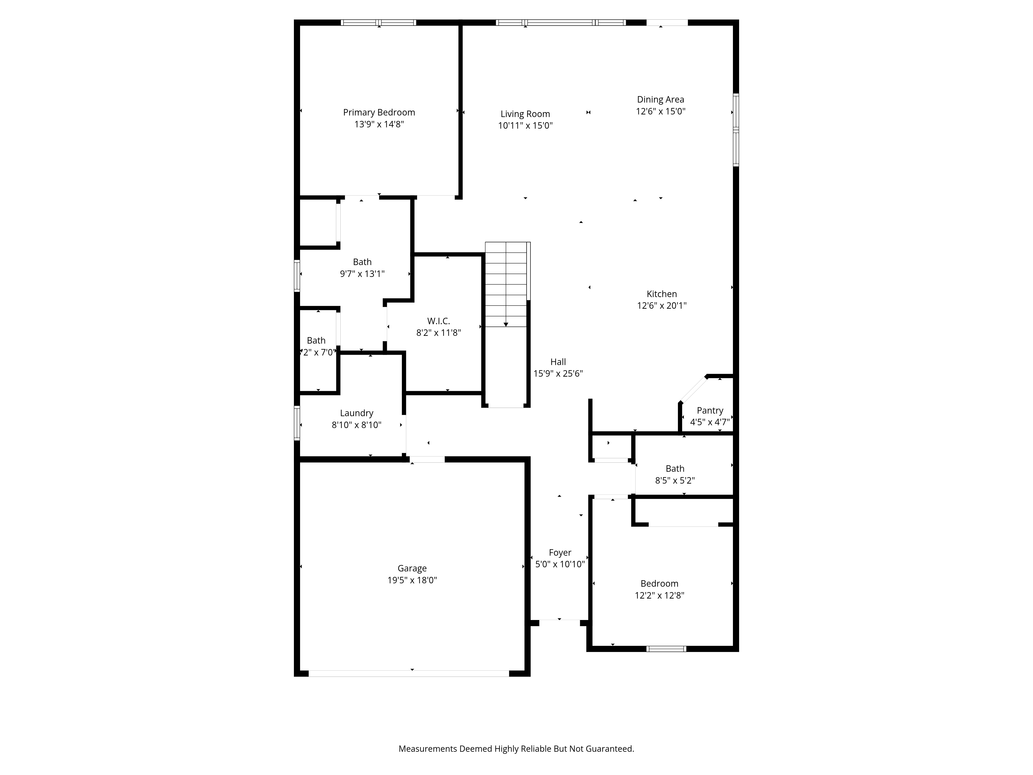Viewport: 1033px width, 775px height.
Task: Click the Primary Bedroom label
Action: (379, 113)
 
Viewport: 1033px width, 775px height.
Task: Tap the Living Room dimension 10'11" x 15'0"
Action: (525, 126)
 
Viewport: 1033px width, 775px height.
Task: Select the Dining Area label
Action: (660, 99)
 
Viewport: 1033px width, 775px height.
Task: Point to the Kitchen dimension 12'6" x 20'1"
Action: (662, 306)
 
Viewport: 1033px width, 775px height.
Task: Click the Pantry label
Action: (710, 411)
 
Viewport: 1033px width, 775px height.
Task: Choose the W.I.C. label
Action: (439, 321)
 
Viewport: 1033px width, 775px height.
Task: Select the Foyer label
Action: (560, 553)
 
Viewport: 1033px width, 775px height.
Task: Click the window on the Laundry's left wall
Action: (297, 423)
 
